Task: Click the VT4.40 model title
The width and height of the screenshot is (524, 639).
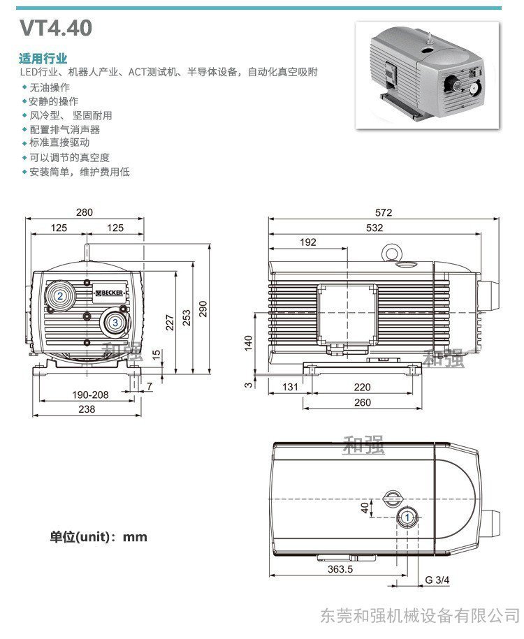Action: click(x=56, y=28)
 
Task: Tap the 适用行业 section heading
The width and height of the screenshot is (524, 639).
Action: click(x=43, y=58)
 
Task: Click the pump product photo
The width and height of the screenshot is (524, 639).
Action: click(x=430, y=75)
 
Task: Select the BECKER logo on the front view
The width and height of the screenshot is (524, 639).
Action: click(x=108, y=293)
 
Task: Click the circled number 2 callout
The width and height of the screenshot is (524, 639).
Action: click(x=61, y=296)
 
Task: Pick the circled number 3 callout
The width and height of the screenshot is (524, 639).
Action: click(x=115, y=323)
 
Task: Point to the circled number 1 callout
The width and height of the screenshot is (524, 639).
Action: click(x=407, y=517)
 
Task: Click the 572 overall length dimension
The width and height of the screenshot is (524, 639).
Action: click(x=383, y=212)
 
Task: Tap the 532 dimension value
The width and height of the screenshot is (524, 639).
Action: click(x=374, y=228)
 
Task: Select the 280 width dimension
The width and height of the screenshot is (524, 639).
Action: click(x=85, y=212)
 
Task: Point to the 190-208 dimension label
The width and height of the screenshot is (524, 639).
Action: click(x=90, y=395)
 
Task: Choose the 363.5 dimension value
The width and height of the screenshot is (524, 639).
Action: click(x=340, y=569)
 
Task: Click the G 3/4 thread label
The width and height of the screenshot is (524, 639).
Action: click(x=437, y=580)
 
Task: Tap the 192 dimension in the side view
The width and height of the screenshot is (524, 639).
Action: click(x=308, y=242)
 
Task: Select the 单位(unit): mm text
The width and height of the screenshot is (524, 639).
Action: click(x=99, y=537)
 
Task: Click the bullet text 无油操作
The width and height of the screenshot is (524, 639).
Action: click(x=50, y=87)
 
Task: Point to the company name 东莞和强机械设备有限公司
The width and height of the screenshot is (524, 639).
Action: click(x=420, y=615)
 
